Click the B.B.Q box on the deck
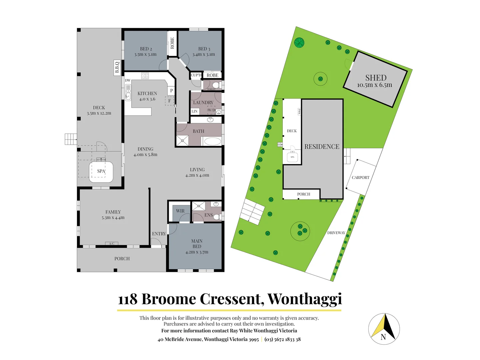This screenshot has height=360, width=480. (117, 68)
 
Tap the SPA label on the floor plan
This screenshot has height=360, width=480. (101, 171)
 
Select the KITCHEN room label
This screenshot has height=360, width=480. (147, 93)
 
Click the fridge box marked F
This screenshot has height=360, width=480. (169, 101)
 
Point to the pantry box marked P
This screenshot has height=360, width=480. (171, 90)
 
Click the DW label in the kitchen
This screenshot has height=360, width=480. (128, 80)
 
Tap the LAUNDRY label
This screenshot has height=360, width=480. (203, 102)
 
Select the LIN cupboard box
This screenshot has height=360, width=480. (195, 111)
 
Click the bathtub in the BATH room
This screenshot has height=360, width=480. (212, 141)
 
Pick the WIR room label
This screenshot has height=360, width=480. (180, 211)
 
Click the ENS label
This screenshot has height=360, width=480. (208, 215)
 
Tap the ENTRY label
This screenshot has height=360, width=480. (159, 234)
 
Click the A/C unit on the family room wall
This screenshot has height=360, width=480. (111, 244)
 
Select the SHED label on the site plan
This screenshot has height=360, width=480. (376, 78)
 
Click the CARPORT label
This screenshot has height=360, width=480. (360, 177)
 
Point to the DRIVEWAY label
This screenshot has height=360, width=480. (336, 233)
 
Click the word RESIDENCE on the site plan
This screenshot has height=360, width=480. (322, 147)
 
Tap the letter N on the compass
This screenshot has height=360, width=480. (383, 337)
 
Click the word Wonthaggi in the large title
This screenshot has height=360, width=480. (305, 299)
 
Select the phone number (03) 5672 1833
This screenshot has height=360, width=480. (280, 339)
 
